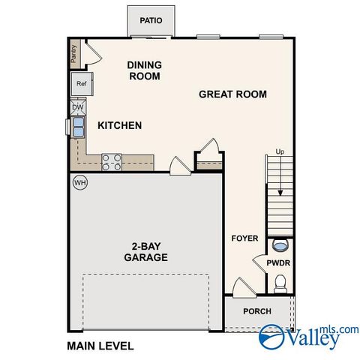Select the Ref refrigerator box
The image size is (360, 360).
coord(80,84)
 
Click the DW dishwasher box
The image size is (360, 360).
coord(78,107)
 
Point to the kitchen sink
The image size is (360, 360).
coord(76,127)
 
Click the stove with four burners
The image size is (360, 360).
coord(112,160)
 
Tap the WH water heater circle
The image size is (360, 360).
coord(79,182)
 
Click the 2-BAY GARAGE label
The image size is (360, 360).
coord(145,251)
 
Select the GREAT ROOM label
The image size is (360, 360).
coord(232,94)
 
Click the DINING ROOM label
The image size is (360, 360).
coord(145,70)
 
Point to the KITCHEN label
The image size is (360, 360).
coord(119,125)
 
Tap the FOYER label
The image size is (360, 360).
coord(244,238)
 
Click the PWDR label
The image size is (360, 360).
coord(278,263)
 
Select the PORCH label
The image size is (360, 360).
coord(257,311)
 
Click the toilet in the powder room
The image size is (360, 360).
coord(280,283)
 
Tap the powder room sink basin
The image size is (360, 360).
coord(280,244)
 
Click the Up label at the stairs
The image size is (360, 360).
coord(280,151)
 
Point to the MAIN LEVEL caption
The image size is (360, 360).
coord(100,346)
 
